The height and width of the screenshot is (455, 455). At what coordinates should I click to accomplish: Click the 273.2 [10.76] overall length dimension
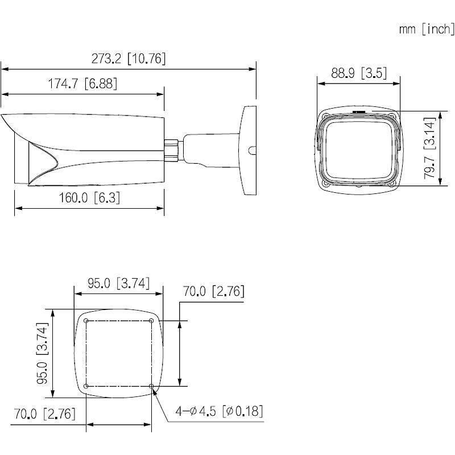(129, 59)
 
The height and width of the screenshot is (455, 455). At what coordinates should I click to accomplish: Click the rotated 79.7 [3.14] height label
(434, 148)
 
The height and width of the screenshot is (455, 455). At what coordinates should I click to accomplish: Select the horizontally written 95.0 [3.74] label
(118, 283)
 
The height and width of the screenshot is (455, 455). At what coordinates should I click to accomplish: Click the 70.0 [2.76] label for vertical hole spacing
(213, 292)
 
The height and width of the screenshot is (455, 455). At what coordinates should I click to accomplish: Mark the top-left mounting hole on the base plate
(86, 321)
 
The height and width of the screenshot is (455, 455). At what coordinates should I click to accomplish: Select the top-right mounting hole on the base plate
(152, 321)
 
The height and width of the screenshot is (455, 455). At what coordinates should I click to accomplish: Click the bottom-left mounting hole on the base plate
(86, 386)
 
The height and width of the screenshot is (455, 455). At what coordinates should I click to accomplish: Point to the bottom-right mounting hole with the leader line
(152, 386)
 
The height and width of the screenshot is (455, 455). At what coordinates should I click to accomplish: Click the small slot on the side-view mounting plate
(251, 151)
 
